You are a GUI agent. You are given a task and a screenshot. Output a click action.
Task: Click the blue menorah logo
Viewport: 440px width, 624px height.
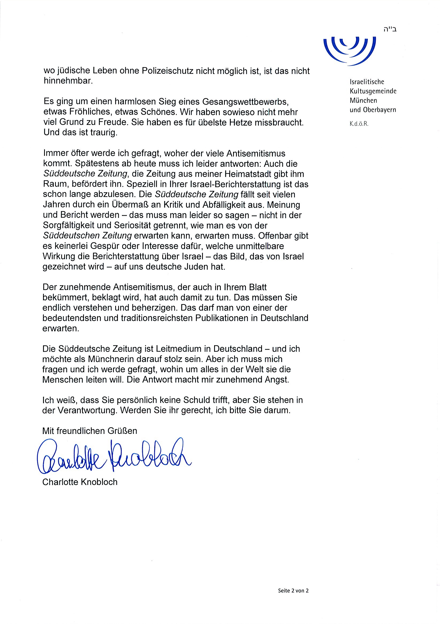[350, 50]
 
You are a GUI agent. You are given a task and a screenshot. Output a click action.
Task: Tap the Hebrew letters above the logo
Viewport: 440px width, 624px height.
[390, 29]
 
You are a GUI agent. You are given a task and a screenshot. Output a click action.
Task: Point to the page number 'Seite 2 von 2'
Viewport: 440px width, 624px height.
[293, 591]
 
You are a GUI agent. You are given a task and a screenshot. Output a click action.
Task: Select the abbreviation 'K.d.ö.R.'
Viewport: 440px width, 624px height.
[359, 124]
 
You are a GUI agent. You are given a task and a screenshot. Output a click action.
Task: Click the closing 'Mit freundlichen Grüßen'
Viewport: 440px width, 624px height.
[90, 431]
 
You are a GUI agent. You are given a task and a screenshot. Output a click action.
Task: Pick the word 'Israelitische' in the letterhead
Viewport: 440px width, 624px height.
[367, 82]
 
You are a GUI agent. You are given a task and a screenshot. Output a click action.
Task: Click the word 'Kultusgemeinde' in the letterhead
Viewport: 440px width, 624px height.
[373, 91]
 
